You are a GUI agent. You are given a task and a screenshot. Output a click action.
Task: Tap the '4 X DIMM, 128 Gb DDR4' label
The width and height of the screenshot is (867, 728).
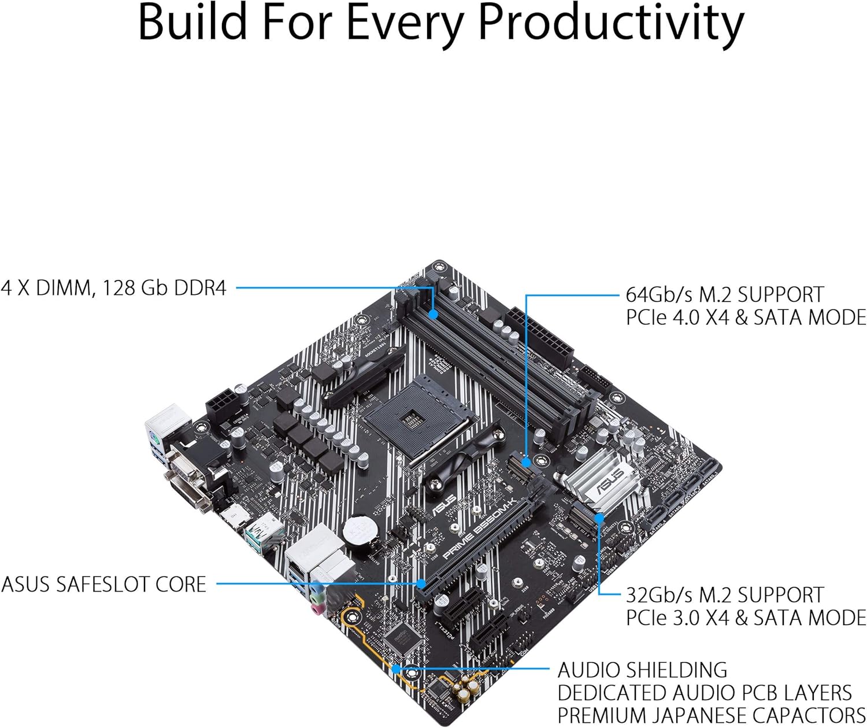click(114, 287)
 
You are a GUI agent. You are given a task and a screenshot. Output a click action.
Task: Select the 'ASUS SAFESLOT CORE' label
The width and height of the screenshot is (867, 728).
click(103, 584)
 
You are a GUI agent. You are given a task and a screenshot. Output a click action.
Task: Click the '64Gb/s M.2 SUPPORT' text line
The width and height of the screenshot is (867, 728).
click(724, 294)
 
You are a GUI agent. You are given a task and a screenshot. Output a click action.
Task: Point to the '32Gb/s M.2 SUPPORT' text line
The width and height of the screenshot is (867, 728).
click(724, 595)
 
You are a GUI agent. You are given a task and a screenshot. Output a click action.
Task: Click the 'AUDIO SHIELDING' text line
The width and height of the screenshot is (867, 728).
click(642, 670)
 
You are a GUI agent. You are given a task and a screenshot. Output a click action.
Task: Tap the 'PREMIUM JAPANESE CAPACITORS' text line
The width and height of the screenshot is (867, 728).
click(711, 715)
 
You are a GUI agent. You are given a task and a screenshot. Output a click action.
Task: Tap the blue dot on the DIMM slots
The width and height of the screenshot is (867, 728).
click(433, 314)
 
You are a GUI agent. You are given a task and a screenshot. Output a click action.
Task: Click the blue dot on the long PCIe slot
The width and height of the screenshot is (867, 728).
click(422, 583)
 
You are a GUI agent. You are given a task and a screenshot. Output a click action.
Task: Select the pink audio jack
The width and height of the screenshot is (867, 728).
click(317, 608)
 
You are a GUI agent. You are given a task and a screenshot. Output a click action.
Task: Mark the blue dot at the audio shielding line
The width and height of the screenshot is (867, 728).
click(396, 669)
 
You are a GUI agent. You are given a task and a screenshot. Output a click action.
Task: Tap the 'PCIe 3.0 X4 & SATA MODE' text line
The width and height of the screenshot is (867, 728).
click(746, 618)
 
